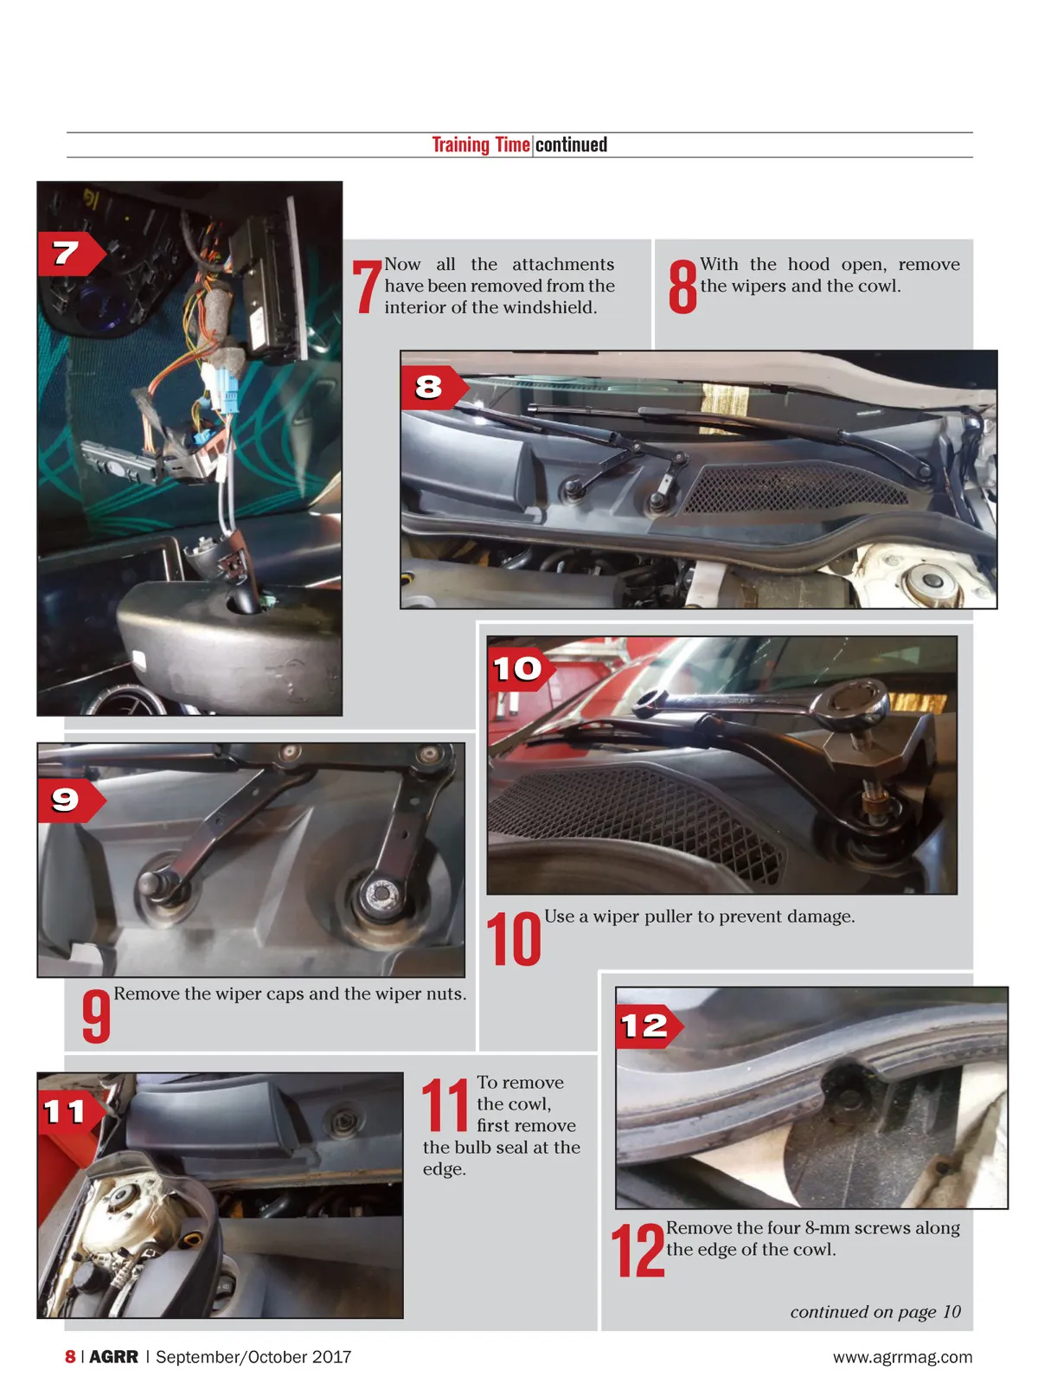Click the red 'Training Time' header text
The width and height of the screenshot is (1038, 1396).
tap(480, 145)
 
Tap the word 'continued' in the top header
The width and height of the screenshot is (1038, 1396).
tap(571, 145)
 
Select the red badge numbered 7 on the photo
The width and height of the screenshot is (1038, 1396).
tap(71, 254)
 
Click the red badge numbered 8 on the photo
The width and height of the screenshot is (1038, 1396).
tap(434, 388)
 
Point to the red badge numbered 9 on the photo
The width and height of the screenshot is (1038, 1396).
tap(71, 801)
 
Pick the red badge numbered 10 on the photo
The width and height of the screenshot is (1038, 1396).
tap(521, 668)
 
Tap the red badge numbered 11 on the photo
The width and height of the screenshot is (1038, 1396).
tap(71, 1112)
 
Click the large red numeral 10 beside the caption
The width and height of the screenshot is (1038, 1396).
tap(513, 939)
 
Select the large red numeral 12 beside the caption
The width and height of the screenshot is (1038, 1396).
tap(638, 1250)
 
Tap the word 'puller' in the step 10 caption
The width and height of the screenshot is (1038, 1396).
tap(668, 917)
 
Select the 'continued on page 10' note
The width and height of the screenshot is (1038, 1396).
tap(875, 1312)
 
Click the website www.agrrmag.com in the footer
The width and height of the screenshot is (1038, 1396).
tap(903, 1357)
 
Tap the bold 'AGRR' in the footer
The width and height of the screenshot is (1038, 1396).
tap(113, 1356)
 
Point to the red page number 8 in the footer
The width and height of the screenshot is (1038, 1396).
tap(70, 1356)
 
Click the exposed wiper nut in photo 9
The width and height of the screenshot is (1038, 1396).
tap(380, 892)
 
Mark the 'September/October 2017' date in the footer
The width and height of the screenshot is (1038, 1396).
tap(253, 1356)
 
